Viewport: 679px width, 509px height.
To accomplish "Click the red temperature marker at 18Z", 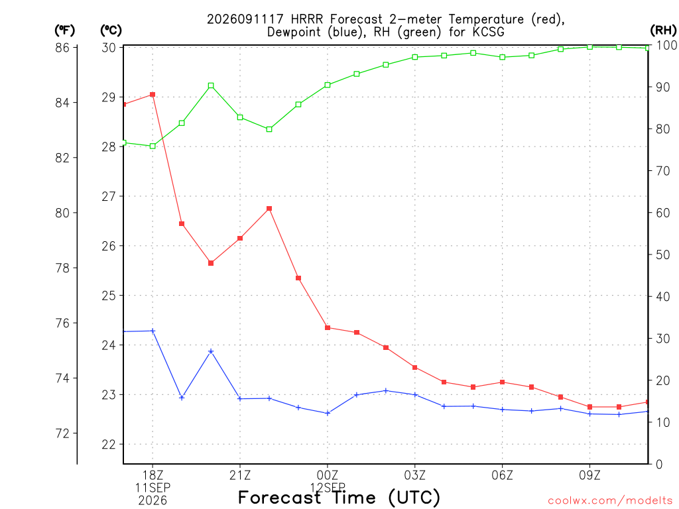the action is (x=153, y=95).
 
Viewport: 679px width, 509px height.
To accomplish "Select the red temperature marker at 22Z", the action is (x=269, y=209).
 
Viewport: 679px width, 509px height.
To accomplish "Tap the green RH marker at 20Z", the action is (x=211, y=85).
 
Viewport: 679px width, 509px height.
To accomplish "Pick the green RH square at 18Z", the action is (x=153, y=146).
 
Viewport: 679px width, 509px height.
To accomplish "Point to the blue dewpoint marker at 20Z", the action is (x=211, y=351).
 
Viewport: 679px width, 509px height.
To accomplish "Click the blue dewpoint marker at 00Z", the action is (x=328, y=414).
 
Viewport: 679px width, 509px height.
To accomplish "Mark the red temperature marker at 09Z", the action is (x=589, y=407).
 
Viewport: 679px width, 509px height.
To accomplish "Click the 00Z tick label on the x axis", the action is (x=328, y=476).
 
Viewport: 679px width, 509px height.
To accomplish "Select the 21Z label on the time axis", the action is (x=240, y=476).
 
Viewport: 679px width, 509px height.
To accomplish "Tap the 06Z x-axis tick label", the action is (x=503, y=476).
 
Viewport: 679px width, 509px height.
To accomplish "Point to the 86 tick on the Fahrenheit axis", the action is (x=62, y=47).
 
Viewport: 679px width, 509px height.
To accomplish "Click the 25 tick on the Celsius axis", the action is (x=109, y=296).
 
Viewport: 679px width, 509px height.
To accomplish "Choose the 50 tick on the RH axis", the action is (x=662, y=254).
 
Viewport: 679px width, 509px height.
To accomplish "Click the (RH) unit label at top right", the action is (x=663, y=30).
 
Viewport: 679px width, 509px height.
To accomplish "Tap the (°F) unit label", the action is (x=64, y=30).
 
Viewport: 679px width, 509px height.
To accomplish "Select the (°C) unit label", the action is (x=111, y=30).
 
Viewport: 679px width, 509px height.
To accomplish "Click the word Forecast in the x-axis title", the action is (x=280, y=497).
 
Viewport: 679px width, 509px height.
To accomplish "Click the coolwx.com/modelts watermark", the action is (x=610, y=501).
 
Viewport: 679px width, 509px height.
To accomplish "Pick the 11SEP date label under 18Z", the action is (x=153, y=488).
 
